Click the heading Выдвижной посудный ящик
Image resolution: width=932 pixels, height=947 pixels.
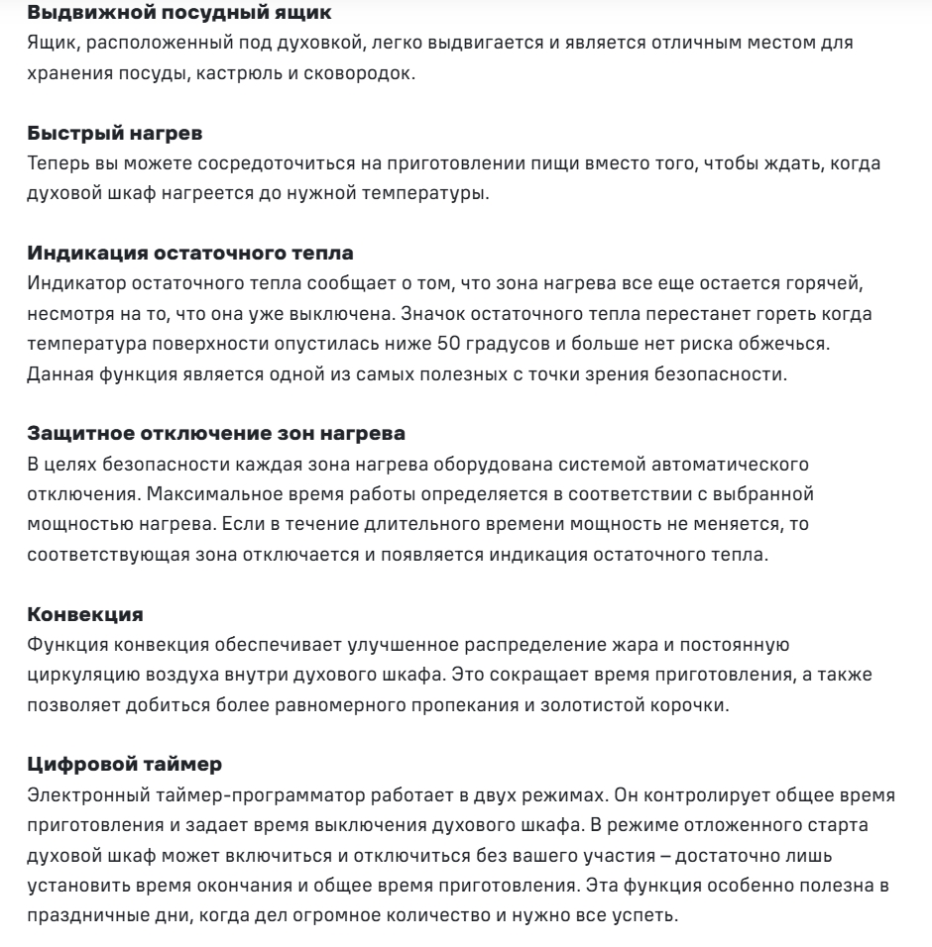pos(138,14)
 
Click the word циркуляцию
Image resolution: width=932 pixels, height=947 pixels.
pos(75,676)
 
